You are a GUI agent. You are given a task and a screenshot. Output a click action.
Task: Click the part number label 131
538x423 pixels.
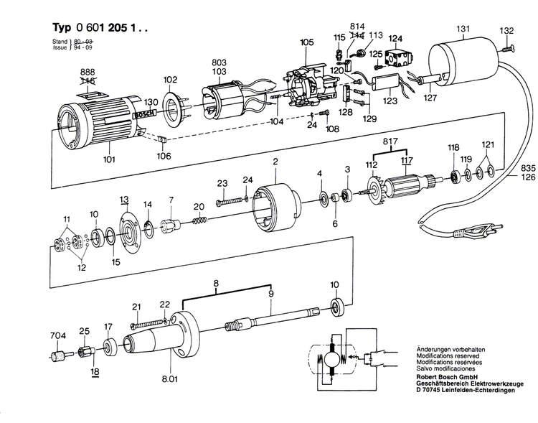click(464, 29)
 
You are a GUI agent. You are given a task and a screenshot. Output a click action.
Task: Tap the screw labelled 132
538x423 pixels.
click(509, 48)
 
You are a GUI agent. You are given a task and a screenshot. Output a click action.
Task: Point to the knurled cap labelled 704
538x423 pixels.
click(57, 355)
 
